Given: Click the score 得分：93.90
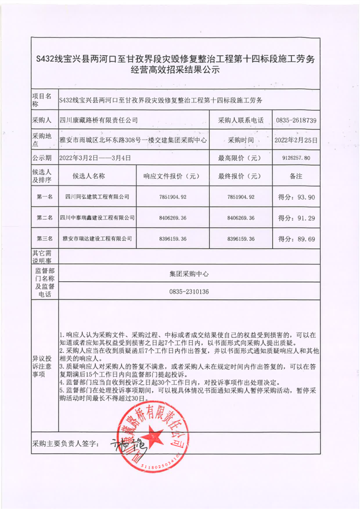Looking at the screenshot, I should click(296, 197).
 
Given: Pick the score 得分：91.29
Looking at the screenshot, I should click(296, 218).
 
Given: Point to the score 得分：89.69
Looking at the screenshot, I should click(296, 239).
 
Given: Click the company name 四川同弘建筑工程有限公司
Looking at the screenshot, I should click(97, 197).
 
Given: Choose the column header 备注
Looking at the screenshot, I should click(296, 176).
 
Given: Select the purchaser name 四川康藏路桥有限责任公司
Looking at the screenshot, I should click(99, 121).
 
